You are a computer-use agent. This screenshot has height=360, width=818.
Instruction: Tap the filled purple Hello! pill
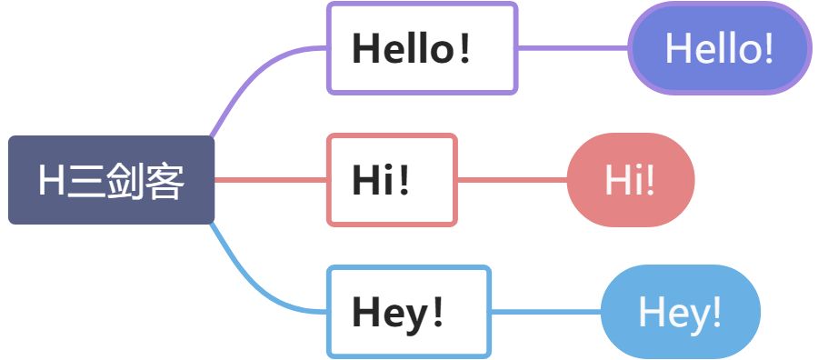pos(719,48)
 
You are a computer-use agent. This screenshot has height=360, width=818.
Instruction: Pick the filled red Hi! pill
pos(630,179)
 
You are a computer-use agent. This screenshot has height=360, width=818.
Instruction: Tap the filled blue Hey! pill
pos(680,312)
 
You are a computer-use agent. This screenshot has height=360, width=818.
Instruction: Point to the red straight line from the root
pos(270,179)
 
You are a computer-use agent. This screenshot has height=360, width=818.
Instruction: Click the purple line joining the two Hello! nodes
pos(573,47)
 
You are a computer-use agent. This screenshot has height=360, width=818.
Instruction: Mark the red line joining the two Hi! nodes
pos(512,179)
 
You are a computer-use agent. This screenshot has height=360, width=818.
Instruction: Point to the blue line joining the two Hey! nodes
pos(545,312)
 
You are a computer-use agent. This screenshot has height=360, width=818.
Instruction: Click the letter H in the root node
pos(52,181)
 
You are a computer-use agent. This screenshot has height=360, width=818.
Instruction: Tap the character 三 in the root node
pos(85,181)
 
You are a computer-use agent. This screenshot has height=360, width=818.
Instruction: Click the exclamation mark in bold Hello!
pos(464,49)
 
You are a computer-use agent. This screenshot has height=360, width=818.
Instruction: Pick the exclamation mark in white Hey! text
pos(715,313)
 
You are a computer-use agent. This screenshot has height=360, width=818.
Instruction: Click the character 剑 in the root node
pos(125,181)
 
